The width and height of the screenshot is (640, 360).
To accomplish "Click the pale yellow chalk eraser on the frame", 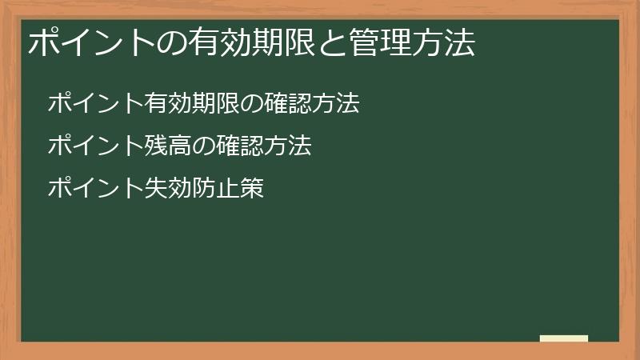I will (564, 338).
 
